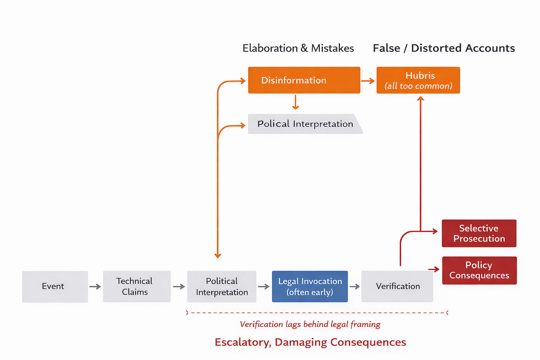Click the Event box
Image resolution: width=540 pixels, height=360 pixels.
[55, 287]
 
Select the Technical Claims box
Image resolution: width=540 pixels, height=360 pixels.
[137, 287]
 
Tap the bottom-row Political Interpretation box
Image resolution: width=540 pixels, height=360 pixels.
[221, 287]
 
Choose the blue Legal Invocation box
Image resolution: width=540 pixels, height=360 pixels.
[310, 287]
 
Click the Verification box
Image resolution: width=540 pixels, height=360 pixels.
[397, 287]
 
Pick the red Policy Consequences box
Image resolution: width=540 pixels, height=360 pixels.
[479, 270]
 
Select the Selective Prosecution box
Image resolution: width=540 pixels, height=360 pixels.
[479, 233]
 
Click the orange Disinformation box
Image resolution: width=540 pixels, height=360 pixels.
[304, 80]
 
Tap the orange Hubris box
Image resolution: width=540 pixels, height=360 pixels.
[418, 80]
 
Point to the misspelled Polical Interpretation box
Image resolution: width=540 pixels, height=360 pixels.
[304, 124]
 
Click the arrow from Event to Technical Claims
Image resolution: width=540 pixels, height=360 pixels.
[95, 287]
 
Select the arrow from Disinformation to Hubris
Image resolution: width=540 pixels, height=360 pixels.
[368, 81]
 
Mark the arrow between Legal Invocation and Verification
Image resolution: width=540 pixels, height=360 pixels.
[354, 287]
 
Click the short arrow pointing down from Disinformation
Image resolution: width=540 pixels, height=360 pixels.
[296, 102]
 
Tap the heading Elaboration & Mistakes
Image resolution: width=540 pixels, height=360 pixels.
[298, 48]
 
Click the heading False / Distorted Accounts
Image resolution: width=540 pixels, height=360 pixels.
[444, 48]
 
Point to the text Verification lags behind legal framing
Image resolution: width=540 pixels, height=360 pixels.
[310, 324]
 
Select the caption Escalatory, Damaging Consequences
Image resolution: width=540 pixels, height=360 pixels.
[310, 342]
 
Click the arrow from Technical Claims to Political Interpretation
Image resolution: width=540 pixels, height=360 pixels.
[179, 287]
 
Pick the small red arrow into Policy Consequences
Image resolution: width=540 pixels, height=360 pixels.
[434, 269]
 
